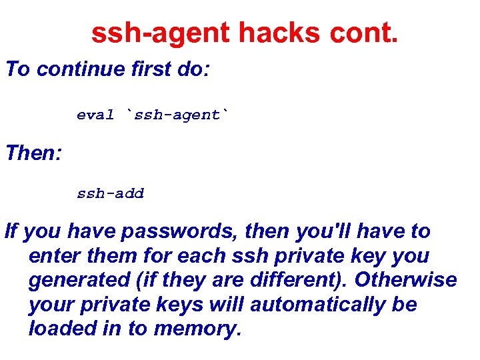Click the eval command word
95,115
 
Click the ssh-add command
110,194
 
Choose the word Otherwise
405,281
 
